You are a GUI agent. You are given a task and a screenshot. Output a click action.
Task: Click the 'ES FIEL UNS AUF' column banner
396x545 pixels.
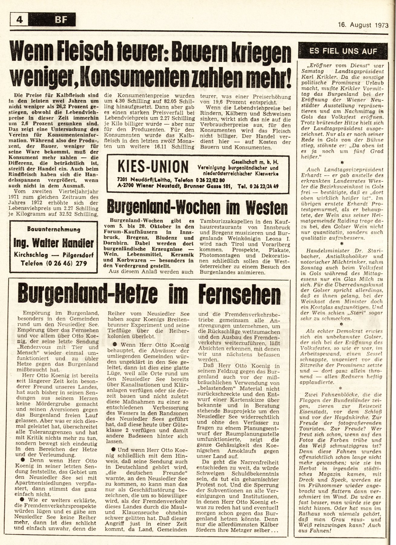point(343,51)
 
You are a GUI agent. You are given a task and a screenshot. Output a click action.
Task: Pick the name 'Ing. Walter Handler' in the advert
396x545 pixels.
point(54,243)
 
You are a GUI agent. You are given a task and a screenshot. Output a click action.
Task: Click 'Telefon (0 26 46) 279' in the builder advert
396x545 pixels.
point(54,263)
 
